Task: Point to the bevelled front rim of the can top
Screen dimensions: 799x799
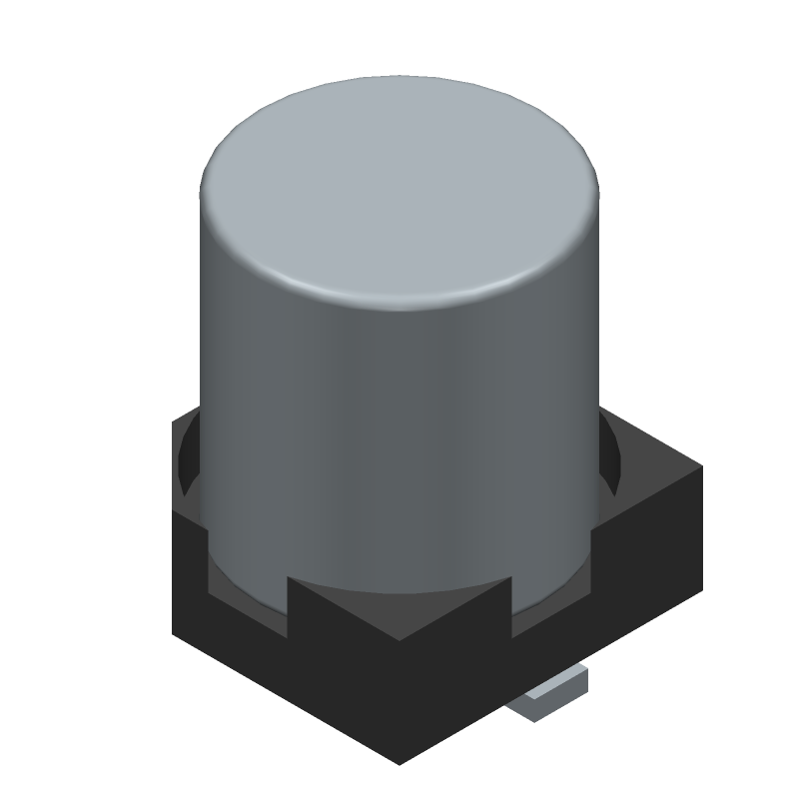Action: pos(399,298)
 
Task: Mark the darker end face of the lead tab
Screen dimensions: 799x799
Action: pos(529,709)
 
